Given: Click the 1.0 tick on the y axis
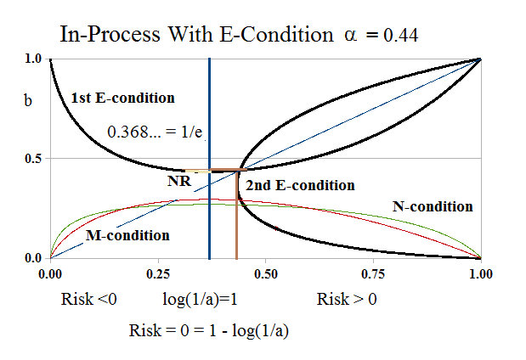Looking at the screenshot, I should point(33,59).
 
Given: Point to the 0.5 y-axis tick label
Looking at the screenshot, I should point(33,158).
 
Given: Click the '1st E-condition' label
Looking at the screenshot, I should point(122,98).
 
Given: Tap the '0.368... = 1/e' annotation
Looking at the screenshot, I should point(158,132).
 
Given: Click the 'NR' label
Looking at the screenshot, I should point(178,180).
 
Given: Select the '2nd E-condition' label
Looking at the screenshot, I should point(300,185).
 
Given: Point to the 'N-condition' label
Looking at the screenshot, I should point(433,205).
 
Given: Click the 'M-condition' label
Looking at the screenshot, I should point(127,235).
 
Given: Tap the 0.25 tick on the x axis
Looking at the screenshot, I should point(158,275).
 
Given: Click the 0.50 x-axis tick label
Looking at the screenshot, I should point(266,275).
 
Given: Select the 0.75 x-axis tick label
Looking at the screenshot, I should point(373,275).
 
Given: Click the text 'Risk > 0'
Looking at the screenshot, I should point(347,301).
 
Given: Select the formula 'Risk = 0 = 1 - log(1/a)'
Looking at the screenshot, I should point(209,330).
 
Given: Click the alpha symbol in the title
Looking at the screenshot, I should point(344,36).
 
